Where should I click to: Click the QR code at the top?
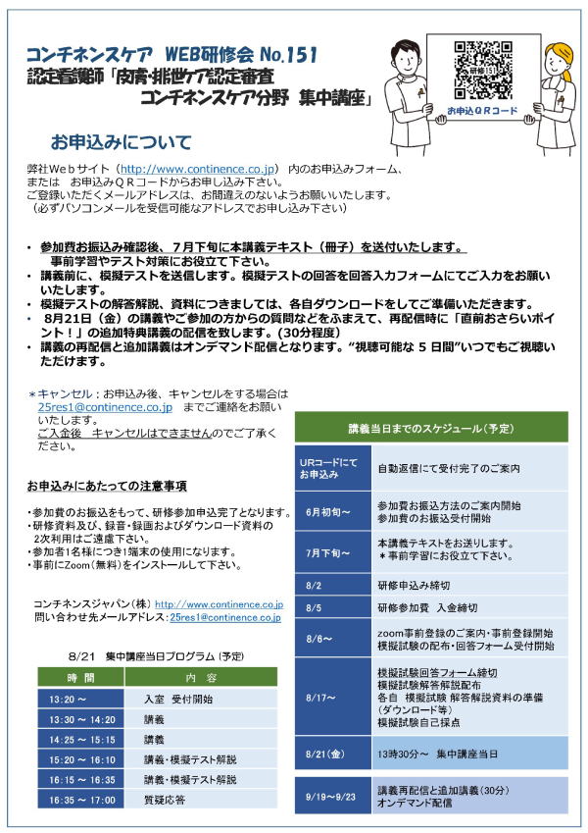pos(481,70)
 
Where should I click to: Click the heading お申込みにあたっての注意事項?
pos(108,487)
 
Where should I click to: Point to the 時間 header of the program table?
pos(81,678)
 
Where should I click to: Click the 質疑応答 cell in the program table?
pos(165,800)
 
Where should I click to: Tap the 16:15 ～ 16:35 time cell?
pos(81,780)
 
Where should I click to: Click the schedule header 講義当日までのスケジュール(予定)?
pos(431,429)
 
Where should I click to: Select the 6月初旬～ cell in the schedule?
pos(328,511)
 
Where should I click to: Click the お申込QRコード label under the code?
pos(481,111)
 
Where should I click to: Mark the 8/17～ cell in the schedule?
pos(324,697)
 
